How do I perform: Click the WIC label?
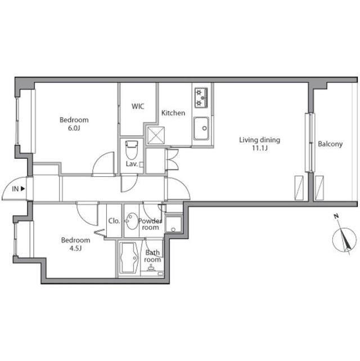click(138, 106)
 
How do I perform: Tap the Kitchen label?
click(173, 113)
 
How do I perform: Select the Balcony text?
click(330, 144)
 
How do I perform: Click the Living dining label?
click(259, 140)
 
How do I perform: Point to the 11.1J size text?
click(260, 148)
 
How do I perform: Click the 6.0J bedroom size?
click(74, 128)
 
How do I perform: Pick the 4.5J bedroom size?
click(75, 248)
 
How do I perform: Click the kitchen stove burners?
click(201, 97)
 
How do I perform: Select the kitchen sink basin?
click(201, 128)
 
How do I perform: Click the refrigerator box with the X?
click(156, 135)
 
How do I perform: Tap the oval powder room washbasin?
click(132, 221)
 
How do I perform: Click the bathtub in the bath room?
click(129, 258)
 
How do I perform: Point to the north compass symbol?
click(344, 240)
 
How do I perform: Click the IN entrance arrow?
click(22, 189)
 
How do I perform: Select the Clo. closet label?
click(114, 221)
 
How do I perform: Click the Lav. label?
click(132, 164)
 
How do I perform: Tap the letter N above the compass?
click(336, 216)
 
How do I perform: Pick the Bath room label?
click(152, 256)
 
